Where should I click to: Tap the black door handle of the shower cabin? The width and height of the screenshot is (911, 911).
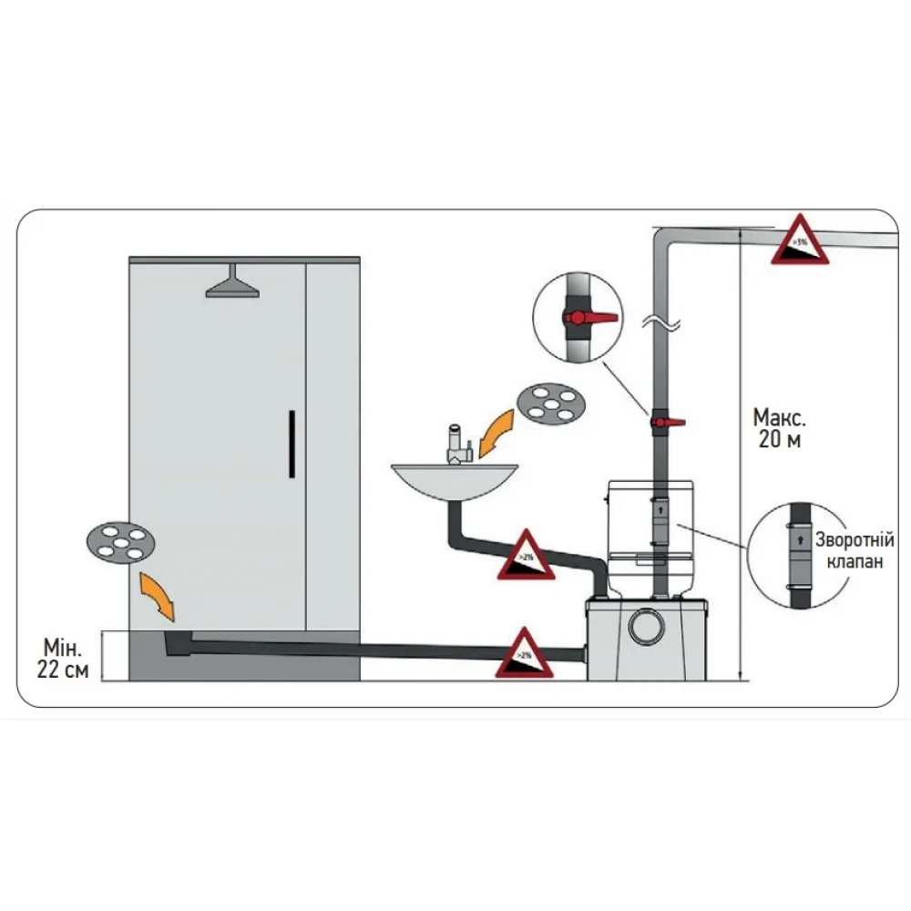290,444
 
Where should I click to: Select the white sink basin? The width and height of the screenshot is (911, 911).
455,479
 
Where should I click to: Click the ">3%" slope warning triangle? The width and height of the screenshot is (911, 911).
800,242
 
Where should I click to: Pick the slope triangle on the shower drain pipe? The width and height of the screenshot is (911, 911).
524,654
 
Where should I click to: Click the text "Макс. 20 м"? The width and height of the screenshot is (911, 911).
779,429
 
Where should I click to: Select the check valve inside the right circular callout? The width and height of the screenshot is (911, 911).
798,550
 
